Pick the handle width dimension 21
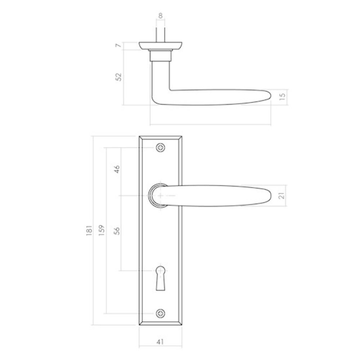282,195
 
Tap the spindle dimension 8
161,15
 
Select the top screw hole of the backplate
160,148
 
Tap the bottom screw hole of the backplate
160,314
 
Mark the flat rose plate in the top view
161,46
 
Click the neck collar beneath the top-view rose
161,55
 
